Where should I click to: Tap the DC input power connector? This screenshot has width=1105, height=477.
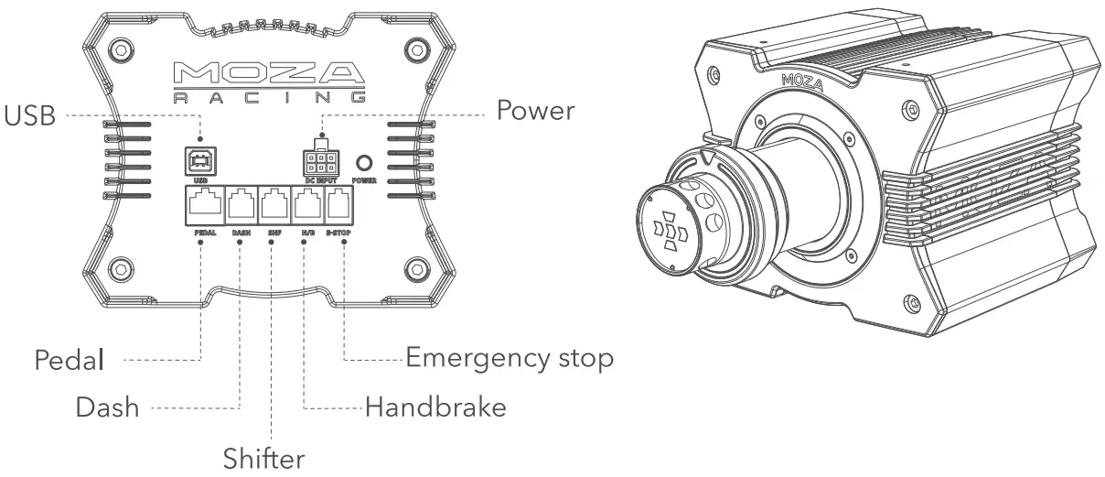(x=320, y=162)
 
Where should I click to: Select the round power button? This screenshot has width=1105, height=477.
(x=365, y=163)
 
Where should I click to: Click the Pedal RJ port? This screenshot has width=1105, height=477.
(x=203, y=203)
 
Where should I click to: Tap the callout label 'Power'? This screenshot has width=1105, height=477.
(x=535, y=111)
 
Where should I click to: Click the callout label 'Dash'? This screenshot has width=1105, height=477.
(x=107, y=407)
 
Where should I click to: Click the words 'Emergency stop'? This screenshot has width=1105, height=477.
(x=509, y=358)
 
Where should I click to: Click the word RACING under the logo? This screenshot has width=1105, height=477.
(x=270, y=96)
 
